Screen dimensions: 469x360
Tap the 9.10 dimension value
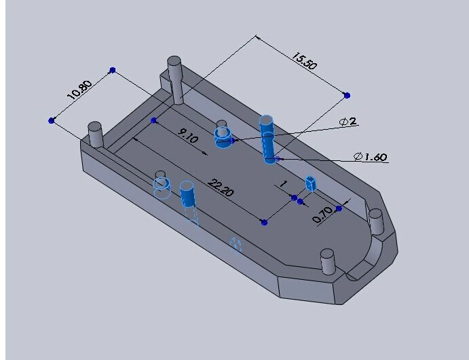pos(187,136)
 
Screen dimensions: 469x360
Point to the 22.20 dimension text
pos(221,187)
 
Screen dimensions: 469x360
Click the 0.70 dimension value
pos(323,214)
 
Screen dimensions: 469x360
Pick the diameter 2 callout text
pos(348,122)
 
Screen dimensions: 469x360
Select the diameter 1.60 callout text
pos(371,156)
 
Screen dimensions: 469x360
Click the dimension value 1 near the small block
pos(284,183)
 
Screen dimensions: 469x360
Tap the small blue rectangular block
pos(311,183)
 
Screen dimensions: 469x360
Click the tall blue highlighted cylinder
pos(267,139)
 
